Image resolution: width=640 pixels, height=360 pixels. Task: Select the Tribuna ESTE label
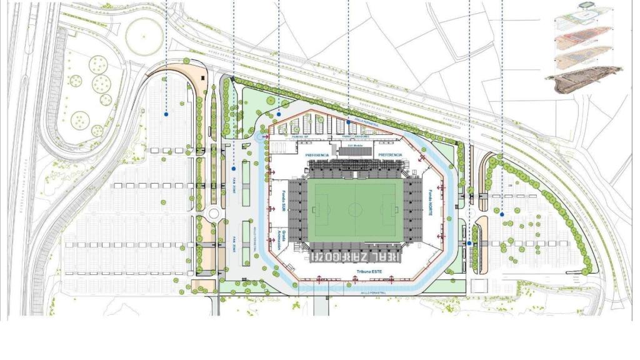369,271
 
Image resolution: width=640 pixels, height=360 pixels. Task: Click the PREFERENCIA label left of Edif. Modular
317,154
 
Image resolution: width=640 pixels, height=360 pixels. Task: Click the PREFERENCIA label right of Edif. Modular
390,154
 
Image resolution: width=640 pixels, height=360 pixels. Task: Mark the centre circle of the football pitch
356,209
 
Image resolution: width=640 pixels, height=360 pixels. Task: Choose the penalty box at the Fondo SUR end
318,209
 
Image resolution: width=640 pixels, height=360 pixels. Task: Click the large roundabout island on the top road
144,35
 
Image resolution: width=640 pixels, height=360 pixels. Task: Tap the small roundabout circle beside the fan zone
214,214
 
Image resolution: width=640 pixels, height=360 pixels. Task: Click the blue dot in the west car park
166,114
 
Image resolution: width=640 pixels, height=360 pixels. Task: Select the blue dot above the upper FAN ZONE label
234,168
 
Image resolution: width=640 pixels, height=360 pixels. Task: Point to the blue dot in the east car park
502,214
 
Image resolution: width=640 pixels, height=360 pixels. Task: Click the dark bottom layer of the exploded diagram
585,80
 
